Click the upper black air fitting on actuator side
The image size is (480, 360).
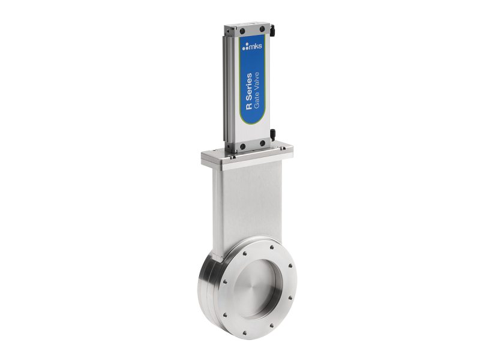click(272, 28)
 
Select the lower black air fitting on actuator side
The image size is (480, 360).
click(272, 133)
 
